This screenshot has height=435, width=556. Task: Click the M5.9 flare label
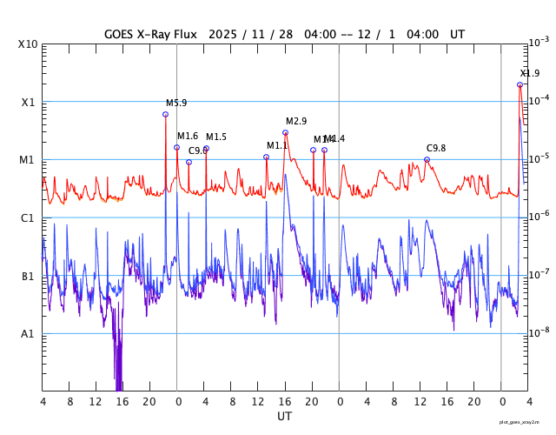coord(176,103)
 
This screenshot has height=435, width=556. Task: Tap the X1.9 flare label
coord(530,73)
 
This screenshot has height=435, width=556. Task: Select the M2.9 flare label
coord(296,121)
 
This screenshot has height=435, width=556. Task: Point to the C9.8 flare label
coord(435,148)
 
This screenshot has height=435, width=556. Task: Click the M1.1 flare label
coord(277,145)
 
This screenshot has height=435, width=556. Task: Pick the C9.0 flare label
coord(198,151)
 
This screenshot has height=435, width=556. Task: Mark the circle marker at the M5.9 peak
coord(165,114)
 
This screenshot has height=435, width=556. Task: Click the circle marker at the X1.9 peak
coord(520,84)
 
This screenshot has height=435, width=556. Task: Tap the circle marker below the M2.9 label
coord(285,132)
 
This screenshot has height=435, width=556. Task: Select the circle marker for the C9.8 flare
coord(427,159)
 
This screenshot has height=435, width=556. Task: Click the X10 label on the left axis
coord(28,43)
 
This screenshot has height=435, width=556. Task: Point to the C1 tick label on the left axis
coord(28,217)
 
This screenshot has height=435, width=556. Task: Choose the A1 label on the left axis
coord(28,334)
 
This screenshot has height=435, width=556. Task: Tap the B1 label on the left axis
coord(28,276)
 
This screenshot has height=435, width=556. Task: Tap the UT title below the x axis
coord(284,416)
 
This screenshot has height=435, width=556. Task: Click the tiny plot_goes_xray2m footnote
coord(525,422)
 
